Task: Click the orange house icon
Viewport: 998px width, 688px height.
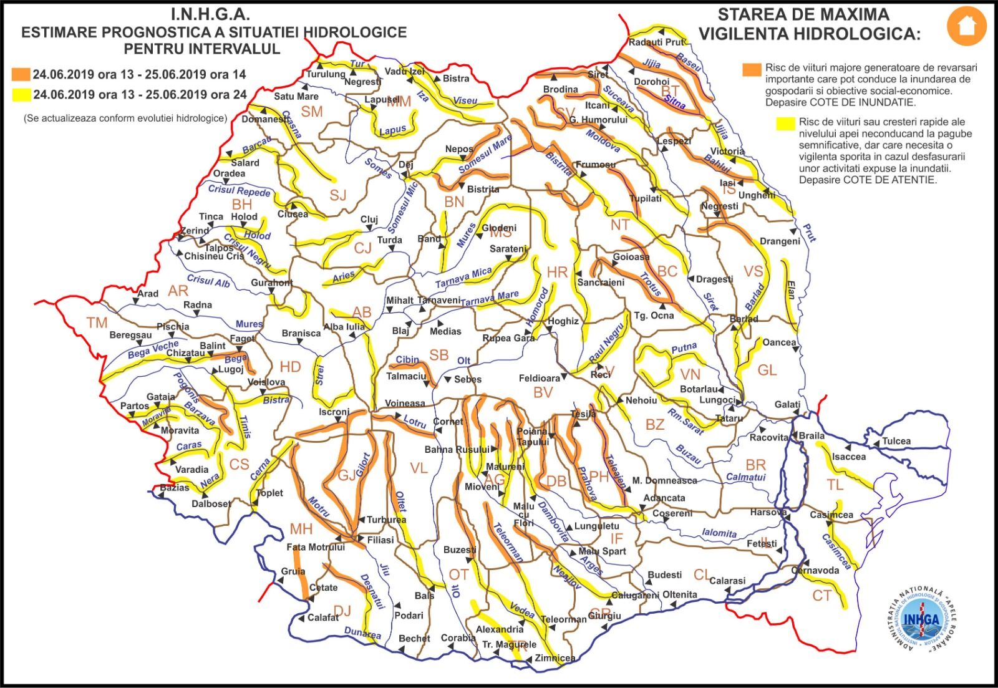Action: [x=966, y=26]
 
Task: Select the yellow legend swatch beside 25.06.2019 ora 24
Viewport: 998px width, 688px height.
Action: [x=21, y=95]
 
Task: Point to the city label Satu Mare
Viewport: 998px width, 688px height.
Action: [x=296, y=97]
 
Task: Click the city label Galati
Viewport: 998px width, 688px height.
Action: [x=787, y=405]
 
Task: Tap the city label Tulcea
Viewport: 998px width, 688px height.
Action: [x=896, y=441]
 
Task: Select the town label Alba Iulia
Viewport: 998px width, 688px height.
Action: [x=344, y=327]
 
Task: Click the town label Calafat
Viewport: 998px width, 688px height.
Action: [x=323, y=618]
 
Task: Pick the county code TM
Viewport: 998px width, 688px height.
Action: [x=97, y=322]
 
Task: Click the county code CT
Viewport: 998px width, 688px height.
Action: [x=821, y=596]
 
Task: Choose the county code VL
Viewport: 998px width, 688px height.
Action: [x=419, y=468]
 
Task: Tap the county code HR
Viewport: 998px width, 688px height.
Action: [x=557, y=272]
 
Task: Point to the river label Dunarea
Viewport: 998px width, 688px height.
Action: [x=362, y=634]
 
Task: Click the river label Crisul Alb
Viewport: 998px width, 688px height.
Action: [x=209, y=281]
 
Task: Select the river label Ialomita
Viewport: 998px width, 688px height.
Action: [x=719, y=533]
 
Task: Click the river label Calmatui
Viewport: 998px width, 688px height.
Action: [x=745, y=478]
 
